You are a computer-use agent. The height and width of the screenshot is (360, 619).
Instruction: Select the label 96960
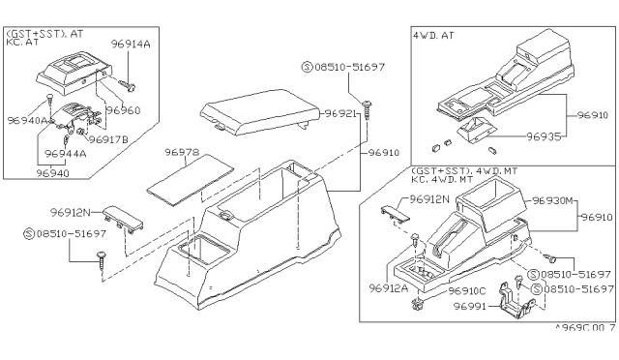(123, 110)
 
